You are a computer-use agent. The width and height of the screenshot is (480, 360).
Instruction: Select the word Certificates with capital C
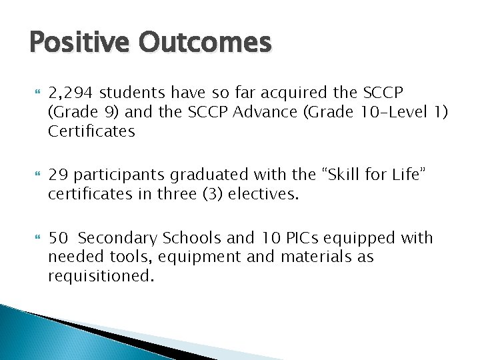click(x=91, y=131)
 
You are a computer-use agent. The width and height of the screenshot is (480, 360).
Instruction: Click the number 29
click(x=56, y=175)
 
